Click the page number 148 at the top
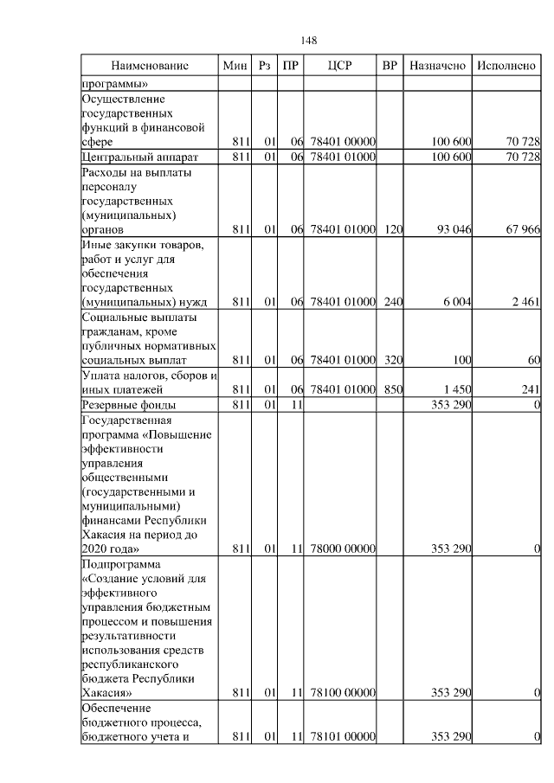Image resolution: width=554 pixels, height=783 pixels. pos(309,41)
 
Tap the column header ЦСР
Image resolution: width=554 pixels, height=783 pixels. pos(341,66)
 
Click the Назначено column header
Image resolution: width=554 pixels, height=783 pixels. pos(438,66)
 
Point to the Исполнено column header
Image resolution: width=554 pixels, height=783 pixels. pos(506,66)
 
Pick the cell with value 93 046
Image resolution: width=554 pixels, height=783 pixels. pos(451,230)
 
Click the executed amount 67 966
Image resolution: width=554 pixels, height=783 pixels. pos(521,230)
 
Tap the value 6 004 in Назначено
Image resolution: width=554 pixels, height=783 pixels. pos(455,302)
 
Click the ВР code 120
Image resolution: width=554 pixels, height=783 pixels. pos(391,230)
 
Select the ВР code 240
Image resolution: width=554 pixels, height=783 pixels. pos(391,302)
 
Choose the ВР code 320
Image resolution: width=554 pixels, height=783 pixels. pos(391,359)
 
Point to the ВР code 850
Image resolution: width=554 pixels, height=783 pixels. pos(391,390)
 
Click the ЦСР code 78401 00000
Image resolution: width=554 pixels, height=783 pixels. pos(341,141)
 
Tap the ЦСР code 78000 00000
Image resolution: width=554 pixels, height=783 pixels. pos(341,549)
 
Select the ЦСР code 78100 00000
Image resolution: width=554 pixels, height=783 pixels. pos(341,692)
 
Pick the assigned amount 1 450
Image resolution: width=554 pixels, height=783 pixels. pos(455,390)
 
